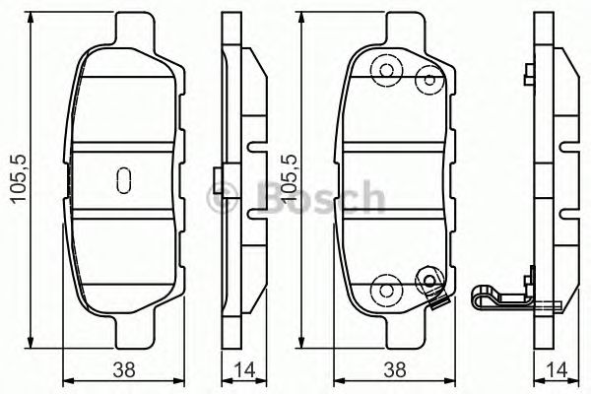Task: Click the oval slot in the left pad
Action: [x=124, y=180]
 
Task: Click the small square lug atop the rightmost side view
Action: [x=530, y=71]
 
